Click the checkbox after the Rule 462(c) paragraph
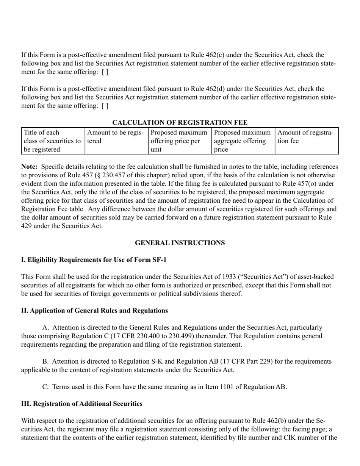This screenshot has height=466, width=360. pos(105,72)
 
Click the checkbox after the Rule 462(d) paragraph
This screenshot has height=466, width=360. pos(105,106)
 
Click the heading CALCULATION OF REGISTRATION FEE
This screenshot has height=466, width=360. pos(180,122)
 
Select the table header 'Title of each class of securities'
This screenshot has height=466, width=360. pos(53,141)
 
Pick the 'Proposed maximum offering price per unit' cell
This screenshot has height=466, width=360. pos(180,141)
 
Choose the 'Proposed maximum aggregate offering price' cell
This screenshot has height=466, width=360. pos(243,141)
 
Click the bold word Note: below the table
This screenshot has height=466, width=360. pos(29,167)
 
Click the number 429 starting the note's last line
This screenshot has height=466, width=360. pos(26,226)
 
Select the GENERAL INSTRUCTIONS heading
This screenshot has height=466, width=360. pos(180,243)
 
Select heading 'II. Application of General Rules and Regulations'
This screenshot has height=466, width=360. pos(94,311)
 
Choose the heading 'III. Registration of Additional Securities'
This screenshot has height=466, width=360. pos(82,404)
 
